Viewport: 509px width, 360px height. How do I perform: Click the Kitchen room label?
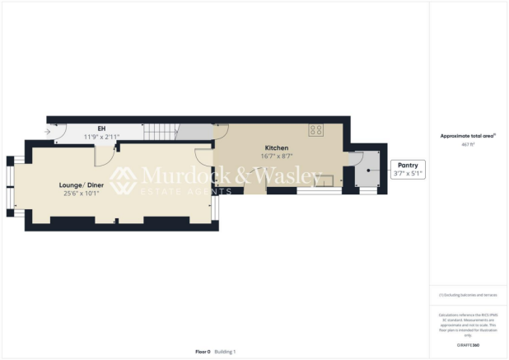[277, 147]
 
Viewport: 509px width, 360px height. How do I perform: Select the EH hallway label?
[101, 129]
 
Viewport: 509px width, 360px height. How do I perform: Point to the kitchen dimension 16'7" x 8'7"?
[277, 157]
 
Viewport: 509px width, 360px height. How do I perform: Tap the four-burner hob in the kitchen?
[315, 130]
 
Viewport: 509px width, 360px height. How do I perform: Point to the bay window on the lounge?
[12, 186]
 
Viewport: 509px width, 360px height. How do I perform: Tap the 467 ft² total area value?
[469, 143]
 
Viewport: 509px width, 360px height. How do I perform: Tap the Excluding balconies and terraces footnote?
[469, 294]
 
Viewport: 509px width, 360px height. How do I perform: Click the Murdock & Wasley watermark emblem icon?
[124, 180]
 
